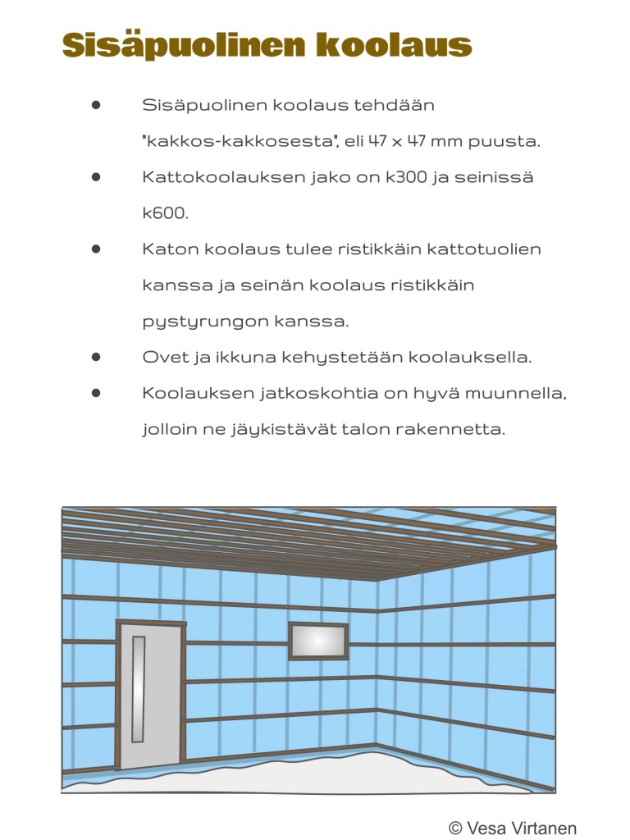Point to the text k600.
coord(165,213)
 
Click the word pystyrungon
coord(204,322)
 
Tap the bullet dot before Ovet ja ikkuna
coord(97,357)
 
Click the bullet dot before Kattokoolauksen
coord(97,177)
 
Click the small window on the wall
coord(318,641)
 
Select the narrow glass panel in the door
coord(138,689)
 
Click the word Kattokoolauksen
coord(224,177)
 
